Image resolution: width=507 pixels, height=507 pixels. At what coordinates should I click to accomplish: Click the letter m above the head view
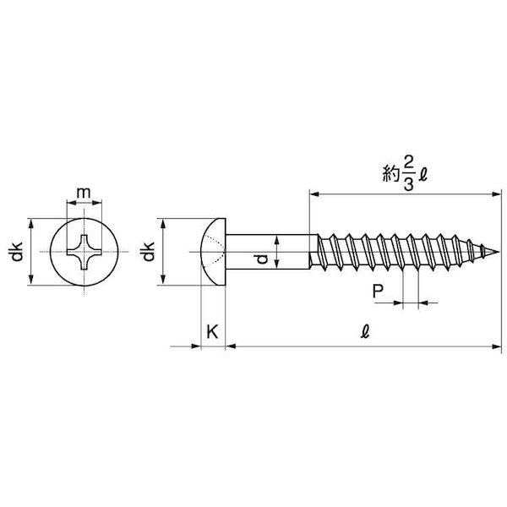point(84,193)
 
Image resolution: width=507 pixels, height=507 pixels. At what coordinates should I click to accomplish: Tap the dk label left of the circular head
point(16,252)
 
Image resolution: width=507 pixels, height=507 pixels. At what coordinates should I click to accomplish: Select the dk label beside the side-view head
point(147,252)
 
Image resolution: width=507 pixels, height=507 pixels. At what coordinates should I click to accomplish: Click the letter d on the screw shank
point(263,259)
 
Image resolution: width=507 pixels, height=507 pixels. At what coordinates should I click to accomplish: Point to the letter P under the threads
point(378,292)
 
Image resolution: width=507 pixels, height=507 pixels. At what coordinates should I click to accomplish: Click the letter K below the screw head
point(212,331)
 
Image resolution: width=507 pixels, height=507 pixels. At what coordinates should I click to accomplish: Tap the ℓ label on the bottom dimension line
point(365,331)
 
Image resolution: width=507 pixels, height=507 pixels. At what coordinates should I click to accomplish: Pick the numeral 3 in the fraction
point(409,184)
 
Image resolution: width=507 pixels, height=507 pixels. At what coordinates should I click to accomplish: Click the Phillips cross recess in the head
point(84,252)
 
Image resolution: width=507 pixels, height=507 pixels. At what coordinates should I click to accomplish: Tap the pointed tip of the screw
point(499,252)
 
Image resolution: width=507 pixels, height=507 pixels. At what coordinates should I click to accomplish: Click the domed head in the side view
point(213,252)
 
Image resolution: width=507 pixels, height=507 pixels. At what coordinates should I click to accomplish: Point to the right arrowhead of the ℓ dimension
point(496,346)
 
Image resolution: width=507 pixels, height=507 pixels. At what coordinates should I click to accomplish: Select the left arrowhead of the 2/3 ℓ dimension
point(314,194)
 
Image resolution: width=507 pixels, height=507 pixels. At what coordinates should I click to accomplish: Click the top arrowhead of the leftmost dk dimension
point(31,223)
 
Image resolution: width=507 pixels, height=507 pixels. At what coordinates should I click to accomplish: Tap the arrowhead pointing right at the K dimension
point(196,346)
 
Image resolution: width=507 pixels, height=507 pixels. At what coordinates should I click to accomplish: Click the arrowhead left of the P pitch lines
point(398,303)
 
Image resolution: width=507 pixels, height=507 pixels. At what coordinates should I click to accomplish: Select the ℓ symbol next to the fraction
point(423,175)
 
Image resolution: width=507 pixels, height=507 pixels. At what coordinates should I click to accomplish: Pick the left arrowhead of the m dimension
point(72,203)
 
